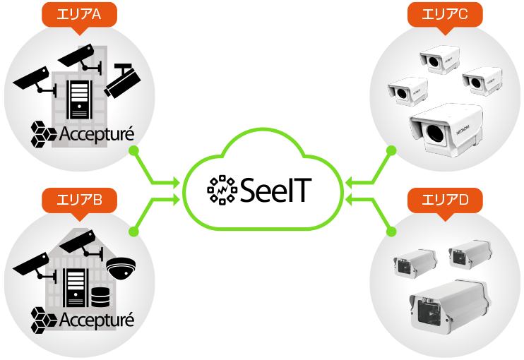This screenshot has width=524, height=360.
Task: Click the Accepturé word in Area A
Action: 96,133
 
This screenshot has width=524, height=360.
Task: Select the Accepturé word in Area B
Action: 96,320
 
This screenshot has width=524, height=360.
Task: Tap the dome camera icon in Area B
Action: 120,268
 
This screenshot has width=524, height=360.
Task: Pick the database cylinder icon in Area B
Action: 97,291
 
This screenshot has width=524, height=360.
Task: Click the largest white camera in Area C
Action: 446,131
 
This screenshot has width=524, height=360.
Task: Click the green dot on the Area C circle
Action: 390,150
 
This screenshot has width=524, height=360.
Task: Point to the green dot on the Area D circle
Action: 391,231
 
